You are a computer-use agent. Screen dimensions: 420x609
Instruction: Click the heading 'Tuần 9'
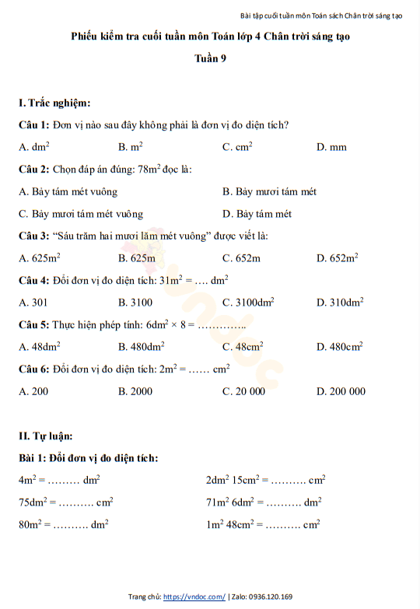(x=210, y=58)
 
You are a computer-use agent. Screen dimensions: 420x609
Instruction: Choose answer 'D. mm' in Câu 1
(x=331, y=147)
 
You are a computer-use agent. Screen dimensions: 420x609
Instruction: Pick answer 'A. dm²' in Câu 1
(x=35, y=146)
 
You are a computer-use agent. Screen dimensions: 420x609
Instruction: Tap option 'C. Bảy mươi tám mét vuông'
(x=81, y=214)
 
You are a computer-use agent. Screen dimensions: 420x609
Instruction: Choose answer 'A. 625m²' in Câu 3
(x=40, y=258)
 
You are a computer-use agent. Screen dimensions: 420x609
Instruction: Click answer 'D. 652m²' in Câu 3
(x=337, y=258)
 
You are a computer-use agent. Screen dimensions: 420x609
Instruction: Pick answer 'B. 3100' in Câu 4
(x=135, y=303)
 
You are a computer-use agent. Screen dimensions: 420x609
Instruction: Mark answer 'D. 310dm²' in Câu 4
(x=340, y=303)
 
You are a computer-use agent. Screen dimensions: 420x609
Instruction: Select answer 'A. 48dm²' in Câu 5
(x=40, y=347)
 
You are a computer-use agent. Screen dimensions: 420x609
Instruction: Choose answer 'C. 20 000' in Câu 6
(x=243, y=391)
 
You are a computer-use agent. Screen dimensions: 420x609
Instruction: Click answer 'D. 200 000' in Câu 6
(x=341, y=391)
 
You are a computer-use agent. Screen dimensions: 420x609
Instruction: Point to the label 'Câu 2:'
(x=34, y=169)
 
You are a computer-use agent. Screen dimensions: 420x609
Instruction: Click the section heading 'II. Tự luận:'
(x=46, y=436)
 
